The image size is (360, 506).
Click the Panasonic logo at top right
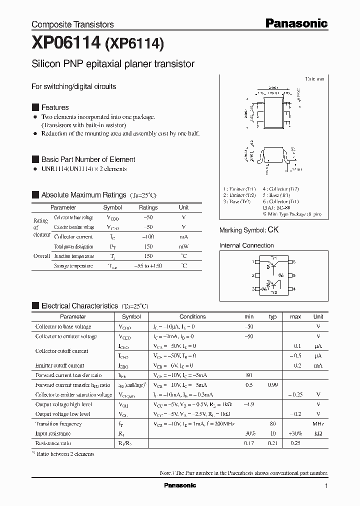click(296, 23)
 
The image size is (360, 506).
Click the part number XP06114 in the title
click(65, 44)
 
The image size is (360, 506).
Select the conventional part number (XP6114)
click(133, 45)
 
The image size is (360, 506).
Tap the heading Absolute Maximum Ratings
click(83, 195)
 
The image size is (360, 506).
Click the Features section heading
click(54, 107)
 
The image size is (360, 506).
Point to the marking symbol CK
click(273, 230)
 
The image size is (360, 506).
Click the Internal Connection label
click(246, 245)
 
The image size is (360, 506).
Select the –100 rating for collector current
click(148, 237)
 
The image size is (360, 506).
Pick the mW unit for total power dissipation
click(184, 246)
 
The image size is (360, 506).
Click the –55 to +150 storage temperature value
click(148, 266)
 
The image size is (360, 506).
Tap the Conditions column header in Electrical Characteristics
click(192, 316)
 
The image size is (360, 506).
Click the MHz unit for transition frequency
click(318, 424)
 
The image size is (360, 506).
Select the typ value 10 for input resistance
click(273, 433)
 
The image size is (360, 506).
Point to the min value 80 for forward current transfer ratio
click(249, 375)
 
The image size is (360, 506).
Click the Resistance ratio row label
click(53, 443)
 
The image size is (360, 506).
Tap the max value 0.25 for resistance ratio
click(295, 443)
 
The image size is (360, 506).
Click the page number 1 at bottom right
click(326, 486)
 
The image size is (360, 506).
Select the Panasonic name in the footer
click(180, 485)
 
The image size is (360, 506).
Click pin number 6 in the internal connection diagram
click(294, 261)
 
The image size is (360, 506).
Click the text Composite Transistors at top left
click(72, 24)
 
